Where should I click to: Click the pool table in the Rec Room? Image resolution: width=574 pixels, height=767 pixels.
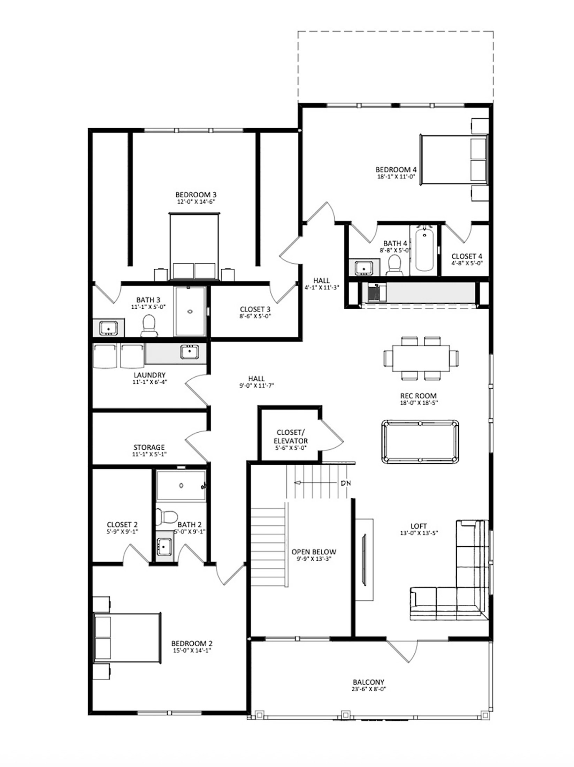click(x=420, y=442)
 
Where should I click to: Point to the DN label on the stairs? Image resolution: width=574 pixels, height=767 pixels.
click(x=346, y=483)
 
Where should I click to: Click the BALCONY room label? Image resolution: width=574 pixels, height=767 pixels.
click(x=368, y=682)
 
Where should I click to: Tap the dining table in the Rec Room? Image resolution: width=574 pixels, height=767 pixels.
click(x=421, y=358)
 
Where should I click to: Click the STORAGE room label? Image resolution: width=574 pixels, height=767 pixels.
click(x=149, y=447)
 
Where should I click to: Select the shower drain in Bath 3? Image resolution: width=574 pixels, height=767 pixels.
click(x=190, y=312)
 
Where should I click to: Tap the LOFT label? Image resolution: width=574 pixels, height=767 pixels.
click(x=419, y=526)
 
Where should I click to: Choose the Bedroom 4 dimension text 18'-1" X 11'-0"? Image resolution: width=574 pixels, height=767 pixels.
click(x=396, y=177)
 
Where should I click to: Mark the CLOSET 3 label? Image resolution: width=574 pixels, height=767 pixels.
click(x=255, y=309)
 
